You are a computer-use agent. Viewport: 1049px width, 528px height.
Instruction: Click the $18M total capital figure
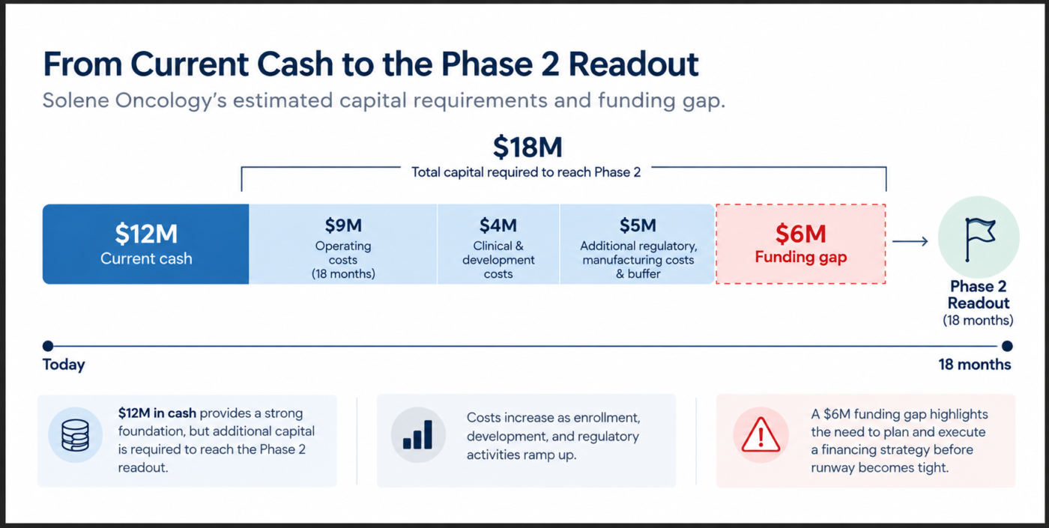[x=527, y=147]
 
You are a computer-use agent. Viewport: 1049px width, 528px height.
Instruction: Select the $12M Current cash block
[x=145, y=244]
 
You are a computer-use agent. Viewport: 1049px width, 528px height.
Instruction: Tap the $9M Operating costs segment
[x=343, y=244]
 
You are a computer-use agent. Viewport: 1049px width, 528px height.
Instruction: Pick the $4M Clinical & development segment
[x=498, y=244]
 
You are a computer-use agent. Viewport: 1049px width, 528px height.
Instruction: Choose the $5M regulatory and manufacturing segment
[x=638, y=244]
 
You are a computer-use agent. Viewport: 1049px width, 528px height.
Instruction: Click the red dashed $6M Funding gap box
[x=801, y=244]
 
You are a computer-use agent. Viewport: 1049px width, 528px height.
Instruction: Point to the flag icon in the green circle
[x=980, y=239]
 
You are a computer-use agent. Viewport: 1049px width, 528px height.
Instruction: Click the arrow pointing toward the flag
[x=910, y=241]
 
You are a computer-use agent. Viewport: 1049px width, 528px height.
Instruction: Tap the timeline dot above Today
[x=48, y=346]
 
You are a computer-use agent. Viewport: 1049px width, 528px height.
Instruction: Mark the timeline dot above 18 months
[x=1007, y=346]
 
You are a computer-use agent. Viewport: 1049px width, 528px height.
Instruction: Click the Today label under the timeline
[x=64, y=365]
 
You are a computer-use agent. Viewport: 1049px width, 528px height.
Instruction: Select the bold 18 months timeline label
[x=975, y=364]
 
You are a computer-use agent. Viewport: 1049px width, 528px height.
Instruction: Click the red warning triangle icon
[x=761, y=435]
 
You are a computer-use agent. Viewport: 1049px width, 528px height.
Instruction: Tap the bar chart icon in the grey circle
[x=418, y=435]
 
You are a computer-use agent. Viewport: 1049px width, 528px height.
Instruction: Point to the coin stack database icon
[x=76, y=435]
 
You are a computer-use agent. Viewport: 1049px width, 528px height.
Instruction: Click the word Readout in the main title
[x=634, y=64]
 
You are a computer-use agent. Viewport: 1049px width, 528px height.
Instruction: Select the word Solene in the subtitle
[x=76, y=100]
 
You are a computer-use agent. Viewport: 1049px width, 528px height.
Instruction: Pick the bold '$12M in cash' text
[x=157, y=413]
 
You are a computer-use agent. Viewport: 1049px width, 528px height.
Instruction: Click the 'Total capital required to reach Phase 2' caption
[x=526, y=172]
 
